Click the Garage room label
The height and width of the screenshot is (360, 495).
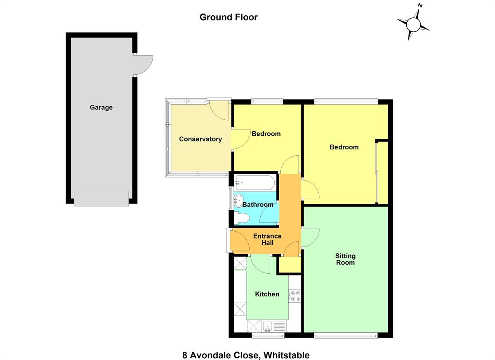tap(101, 107)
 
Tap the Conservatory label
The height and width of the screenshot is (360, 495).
tap(200, 139)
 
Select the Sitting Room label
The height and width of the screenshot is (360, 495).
tap(345, 259)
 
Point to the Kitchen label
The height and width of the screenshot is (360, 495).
tap(267, 294)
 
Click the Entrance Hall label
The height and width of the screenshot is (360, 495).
tap(267, 239)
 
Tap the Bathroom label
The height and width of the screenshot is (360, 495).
tap(258, 204)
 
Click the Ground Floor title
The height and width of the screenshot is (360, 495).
tap(229, 17)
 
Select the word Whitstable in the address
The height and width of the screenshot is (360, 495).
tap(286, 349)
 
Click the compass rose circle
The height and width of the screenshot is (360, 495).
tap(413, 25)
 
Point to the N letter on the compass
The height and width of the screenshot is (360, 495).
tap(420, 5)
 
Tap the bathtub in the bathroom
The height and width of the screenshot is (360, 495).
tap(255, 183)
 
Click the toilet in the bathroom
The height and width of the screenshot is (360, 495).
tap(242, 218)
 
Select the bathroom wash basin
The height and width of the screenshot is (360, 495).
tap(238, 201)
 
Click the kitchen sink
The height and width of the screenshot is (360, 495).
tap(268, 327)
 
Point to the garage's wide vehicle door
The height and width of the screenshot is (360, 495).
tap(101, 198)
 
